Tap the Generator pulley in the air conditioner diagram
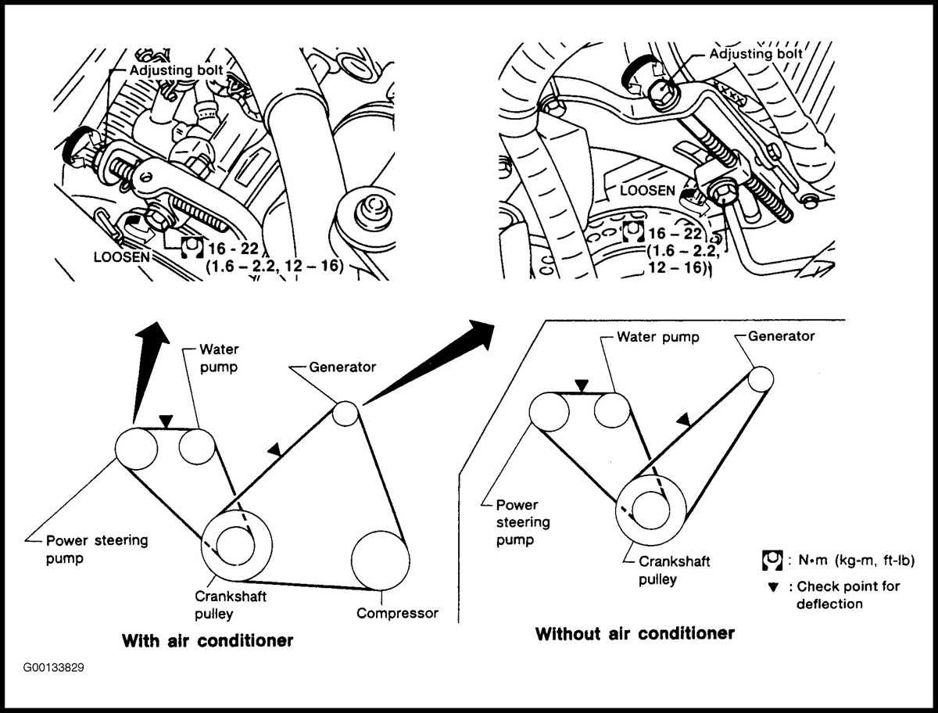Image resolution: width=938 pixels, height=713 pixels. tap(345, 414)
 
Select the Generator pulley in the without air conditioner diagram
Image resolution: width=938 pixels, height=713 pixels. tap(761, 379)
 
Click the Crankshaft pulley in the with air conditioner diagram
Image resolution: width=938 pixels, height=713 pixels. tap(236, 544)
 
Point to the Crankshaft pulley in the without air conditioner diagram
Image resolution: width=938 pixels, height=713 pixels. tap(651, 507)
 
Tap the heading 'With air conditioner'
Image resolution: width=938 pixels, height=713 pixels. tap(207, 641)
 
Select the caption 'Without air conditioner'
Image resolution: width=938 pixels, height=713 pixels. tap(635, 633)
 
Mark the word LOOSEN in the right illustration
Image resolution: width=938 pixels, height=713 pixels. tap(646, 190)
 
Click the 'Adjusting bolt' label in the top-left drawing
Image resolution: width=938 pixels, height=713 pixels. tap(176, 70)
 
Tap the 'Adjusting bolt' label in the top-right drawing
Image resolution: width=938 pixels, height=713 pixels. tap(756, 54)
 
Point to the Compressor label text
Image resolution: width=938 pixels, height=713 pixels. tap(397, 613)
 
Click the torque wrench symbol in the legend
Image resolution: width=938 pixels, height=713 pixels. tap(772, 561)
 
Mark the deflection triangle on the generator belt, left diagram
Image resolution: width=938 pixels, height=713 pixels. tap(273, 450)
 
